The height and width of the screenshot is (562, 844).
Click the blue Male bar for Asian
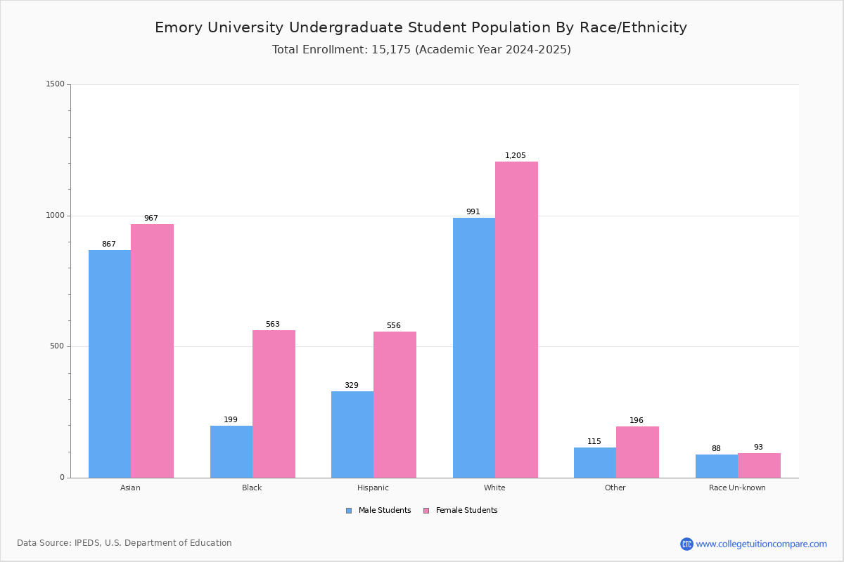[110, 364]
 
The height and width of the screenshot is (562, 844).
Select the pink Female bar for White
[516, 320]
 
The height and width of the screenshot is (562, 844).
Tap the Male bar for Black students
[231, 452]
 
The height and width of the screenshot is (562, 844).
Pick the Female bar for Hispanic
[395, 405]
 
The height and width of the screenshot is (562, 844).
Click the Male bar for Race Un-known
[717, 466]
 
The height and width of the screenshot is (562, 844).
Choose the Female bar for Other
[637, 452]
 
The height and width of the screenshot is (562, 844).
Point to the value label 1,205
[515, 155]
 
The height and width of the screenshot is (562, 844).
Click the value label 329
[352, 385]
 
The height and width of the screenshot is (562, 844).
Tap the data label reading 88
[716, 448]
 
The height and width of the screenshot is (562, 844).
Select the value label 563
[273, 324]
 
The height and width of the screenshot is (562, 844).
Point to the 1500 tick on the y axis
[56, 84]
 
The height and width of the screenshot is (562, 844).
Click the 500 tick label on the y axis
[57, 346]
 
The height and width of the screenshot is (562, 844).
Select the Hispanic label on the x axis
[373, 488]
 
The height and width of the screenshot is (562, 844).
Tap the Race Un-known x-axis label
[737, 488]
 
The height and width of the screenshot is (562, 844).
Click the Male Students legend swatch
[349, 511]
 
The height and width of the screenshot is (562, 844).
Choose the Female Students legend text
[466, 510]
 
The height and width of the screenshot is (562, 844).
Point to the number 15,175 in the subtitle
[391, 50]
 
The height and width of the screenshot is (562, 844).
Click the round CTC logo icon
[686, 544]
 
